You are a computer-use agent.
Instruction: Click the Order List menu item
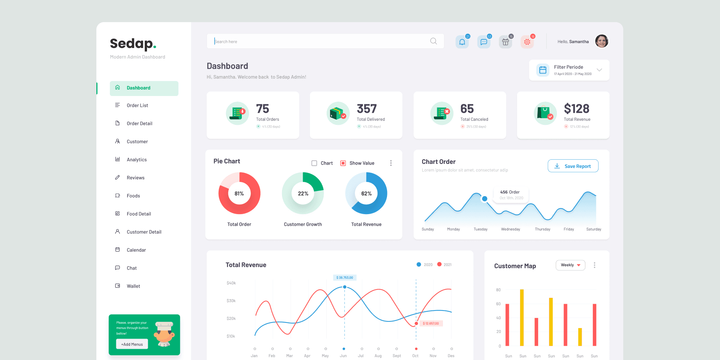pos(137,105)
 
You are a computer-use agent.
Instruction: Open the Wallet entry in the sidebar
pos(133,286)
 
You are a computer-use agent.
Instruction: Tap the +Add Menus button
pos(132,344)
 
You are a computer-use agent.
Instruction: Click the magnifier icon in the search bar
pos(433,41)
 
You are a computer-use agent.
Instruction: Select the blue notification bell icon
pos(462,42)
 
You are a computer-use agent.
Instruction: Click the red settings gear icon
pos(527,42)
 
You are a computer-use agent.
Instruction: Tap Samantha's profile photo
pos(601,41)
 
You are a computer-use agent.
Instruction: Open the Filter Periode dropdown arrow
pos(599,70)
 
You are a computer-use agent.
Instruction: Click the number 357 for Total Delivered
pos(366,109)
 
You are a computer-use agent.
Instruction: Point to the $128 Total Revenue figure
pos(576,109)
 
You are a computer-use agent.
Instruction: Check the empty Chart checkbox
pos(314,163)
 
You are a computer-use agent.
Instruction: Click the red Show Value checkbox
pos(343,163)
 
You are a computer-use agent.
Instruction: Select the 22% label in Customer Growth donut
pos(303,193)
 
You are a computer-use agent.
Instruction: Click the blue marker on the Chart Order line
pos(484,199)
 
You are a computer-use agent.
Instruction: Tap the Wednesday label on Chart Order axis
pos(510,229)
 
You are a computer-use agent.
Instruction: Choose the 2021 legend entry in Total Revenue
pos(445,265)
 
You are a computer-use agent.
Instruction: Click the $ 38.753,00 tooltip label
pos(345,277)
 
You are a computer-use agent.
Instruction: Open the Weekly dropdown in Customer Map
pos(570,265)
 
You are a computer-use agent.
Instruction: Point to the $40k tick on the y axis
pos(231,283)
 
